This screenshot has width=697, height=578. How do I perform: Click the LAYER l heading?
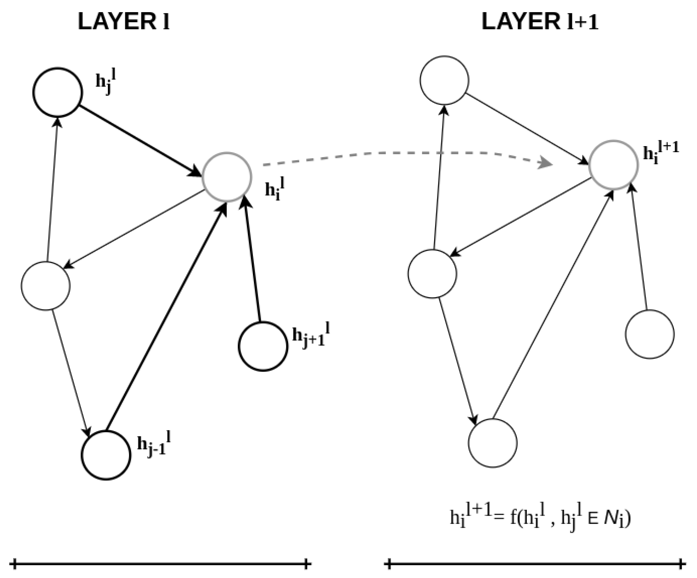pyautogui.click(x=123, y=22)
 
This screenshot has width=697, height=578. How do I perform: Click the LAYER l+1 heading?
pyautogui.click(x=540, y=22)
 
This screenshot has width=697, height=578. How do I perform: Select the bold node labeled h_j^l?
pyautogui.click(x=58, y=92)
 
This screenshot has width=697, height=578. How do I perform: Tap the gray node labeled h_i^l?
pyautogui.click(x=227, y=177)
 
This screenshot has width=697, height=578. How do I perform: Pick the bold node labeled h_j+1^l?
pyautogui.click(x=263, y=346)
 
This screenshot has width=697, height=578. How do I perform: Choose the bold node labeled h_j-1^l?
pyautogui.click(x=106, y=455)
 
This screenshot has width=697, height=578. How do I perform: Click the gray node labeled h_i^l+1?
pyautogui.click(x=613, y=165)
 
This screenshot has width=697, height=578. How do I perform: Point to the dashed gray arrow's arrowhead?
pyautogui.click(x=545, y=163)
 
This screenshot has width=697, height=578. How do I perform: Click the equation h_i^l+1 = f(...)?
pyautogui.click(x=540, y=517)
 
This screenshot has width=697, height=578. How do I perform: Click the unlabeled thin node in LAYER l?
pyautogui.click(x=46, y=286)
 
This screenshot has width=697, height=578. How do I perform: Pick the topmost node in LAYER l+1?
pyautogui.click(x=444, y=80)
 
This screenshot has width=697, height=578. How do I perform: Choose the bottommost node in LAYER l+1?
pyautogui.click(x=492, y=443)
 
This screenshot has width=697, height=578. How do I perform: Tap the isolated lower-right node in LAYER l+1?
pyautogui.click(x=650, y=334)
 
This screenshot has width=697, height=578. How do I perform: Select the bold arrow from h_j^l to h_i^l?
pyautogui.click(x=139, y=139)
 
